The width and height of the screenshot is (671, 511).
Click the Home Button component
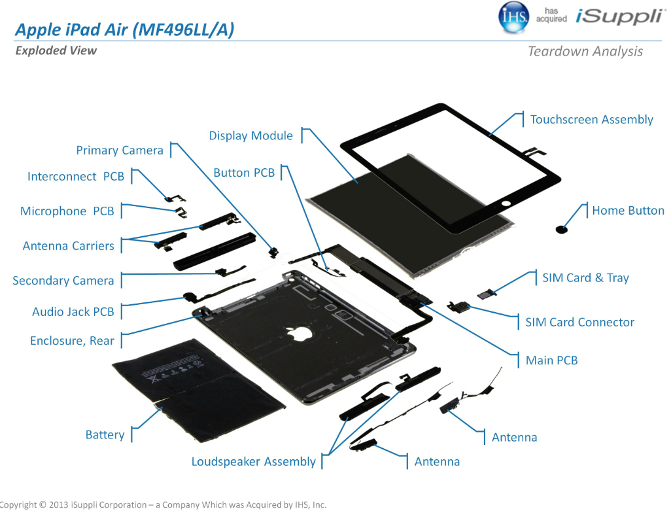tap(561, 230)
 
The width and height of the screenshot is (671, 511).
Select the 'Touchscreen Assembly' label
tap(591, 120)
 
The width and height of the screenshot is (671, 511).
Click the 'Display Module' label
tap(250, 136)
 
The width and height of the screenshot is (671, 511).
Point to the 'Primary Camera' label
tap(120, 150)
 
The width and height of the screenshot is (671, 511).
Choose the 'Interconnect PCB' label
tap(76, 177)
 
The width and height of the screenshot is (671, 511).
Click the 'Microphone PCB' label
tap(67, 211)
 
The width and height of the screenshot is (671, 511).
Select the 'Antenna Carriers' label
tap(69, 246)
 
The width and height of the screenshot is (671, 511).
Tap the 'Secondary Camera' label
tap(63, 281)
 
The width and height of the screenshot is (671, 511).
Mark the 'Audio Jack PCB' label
tap(73, 312)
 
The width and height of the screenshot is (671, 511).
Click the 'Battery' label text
tap(105, 435)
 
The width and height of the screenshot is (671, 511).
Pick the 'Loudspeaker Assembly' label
tap(253, 462)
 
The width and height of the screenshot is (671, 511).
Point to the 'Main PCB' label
tap(551, 361)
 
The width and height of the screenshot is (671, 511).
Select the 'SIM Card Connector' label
tap(579, 323)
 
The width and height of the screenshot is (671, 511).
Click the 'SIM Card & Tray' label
tap(585, 278)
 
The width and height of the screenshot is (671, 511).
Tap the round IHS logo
tap(514, 18)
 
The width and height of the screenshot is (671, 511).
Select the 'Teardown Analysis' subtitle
tap(585, 52)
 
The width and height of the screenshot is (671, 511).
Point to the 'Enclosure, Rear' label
tap(72, 341)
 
